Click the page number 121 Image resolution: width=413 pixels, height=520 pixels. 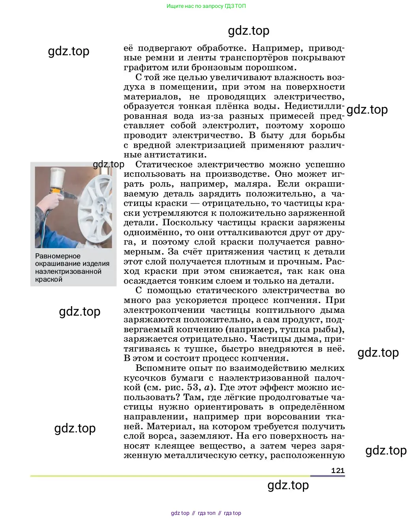click(338, 470)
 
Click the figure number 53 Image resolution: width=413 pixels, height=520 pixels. click(192, 387)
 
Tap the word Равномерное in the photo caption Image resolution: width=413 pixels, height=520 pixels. click(58, 256)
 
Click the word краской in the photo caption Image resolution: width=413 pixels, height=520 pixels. click(49, 279)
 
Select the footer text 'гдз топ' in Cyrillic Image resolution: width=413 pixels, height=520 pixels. click(206, 513)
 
